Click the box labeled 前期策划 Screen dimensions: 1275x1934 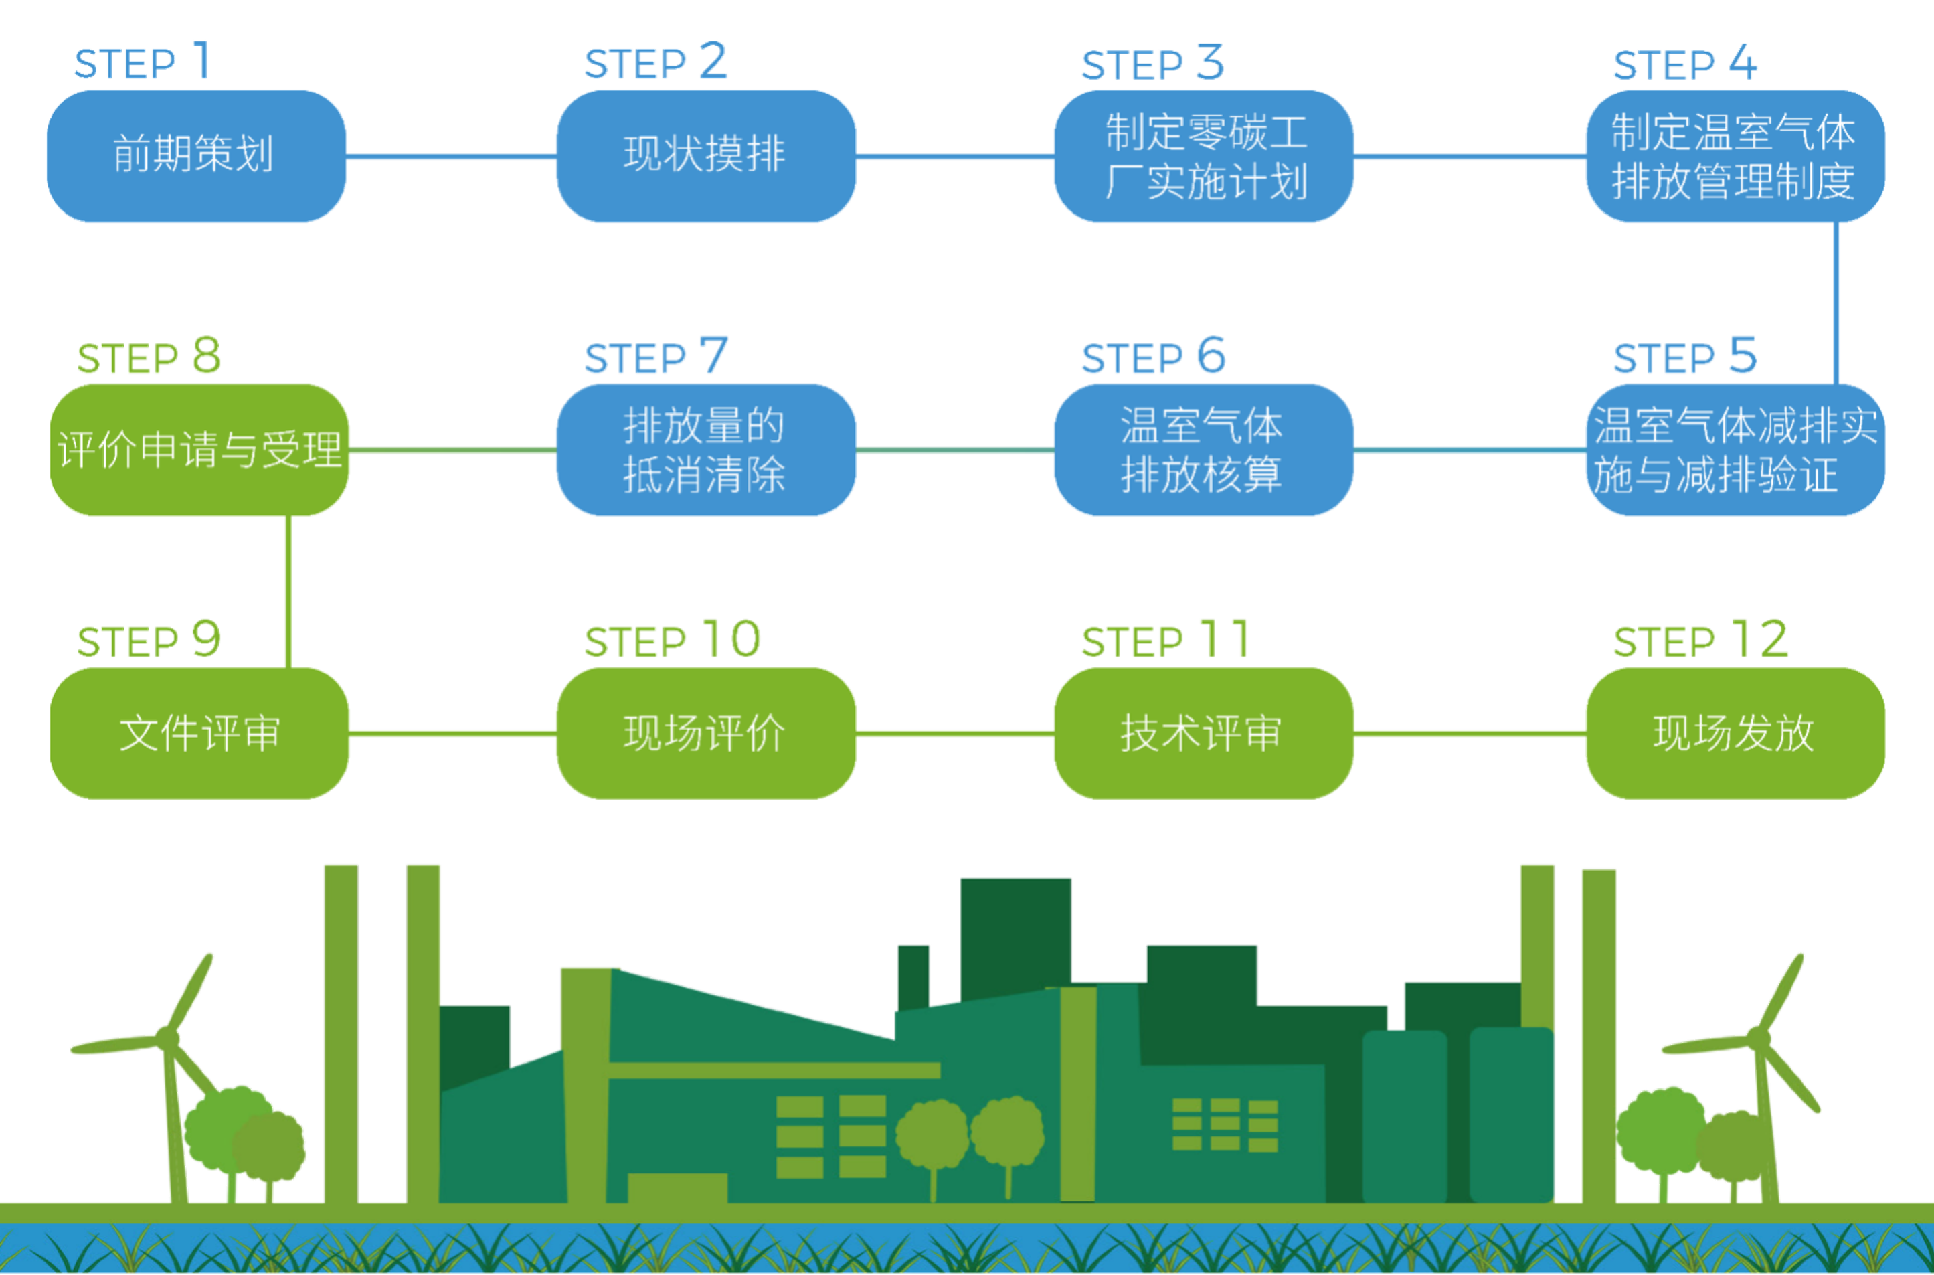[196, 155]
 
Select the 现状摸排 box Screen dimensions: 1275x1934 [705, 155]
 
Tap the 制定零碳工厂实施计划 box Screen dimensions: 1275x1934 [1203, 155]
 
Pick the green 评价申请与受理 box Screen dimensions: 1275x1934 [199, 450]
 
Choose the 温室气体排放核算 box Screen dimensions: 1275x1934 [1203, 450]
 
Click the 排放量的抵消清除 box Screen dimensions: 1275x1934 [705, 450]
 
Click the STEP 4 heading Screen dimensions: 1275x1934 [1684, 64]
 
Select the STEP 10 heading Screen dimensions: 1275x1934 [673, 641]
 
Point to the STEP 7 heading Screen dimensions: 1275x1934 [656, 358]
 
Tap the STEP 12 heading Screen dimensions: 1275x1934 [1700, 641]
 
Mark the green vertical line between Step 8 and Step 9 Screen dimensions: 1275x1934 [288, 591]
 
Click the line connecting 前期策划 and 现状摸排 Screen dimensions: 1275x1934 [451, 155]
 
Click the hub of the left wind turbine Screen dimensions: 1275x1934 [168, 1035]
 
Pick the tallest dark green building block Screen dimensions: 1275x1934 [1015, 935]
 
